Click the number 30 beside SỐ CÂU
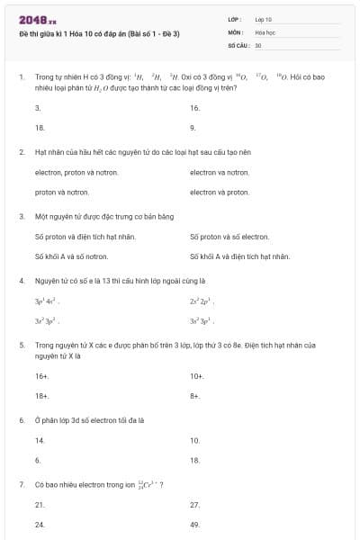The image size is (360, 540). [258, 44]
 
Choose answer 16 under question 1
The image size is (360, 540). [194, 108]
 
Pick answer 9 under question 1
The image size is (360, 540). [193, 128]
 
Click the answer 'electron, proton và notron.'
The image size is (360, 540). [73, 172]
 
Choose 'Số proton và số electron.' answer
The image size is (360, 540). [229, 237]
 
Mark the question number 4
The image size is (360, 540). [21, 281]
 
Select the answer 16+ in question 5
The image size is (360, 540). [41, 376]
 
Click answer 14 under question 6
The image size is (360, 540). [40, 440]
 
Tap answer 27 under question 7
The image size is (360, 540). [194, 505]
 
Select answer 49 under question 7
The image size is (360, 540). [194, 524]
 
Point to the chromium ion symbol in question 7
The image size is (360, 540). [144, 484]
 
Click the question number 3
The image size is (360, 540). [21, 216]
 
